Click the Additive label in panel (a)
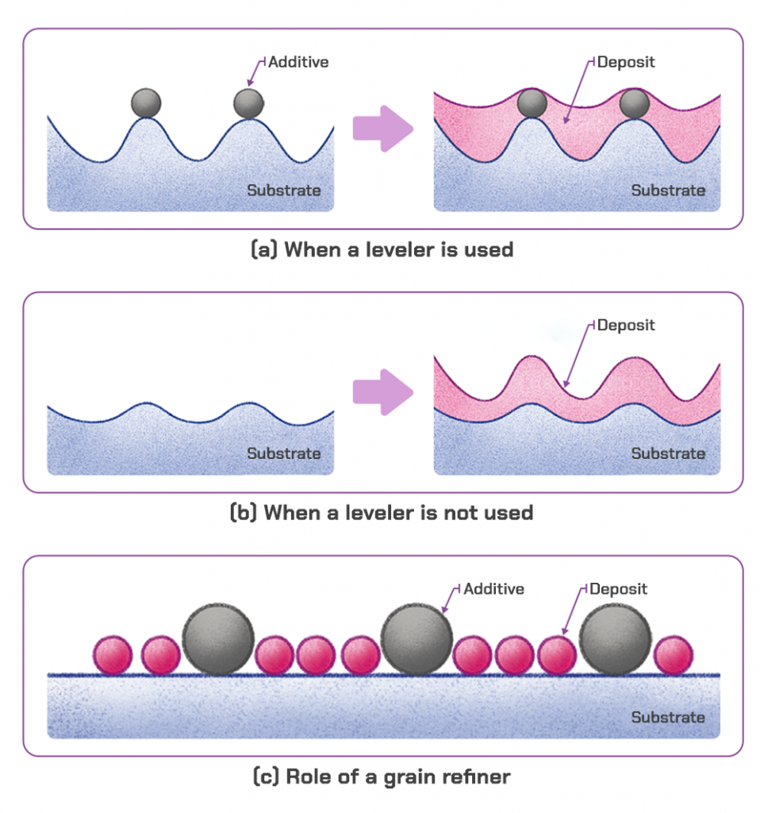299,61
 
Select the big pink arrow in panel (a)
383,129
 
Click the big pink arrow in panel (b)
383,391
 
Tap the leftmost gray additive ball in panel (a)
147,103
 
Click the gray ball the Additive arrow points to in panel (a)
248,103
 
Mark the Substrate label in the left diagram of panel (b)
284,453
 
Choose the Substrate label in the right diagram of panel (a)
668,191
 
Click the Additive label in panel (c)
493,589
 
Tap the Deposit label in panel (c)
617,589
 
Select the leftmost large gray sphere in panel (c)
218,639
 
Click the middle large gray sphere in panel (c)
417,639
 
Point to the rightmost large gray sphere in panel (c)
615,639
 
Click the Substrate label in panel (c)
668,717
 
